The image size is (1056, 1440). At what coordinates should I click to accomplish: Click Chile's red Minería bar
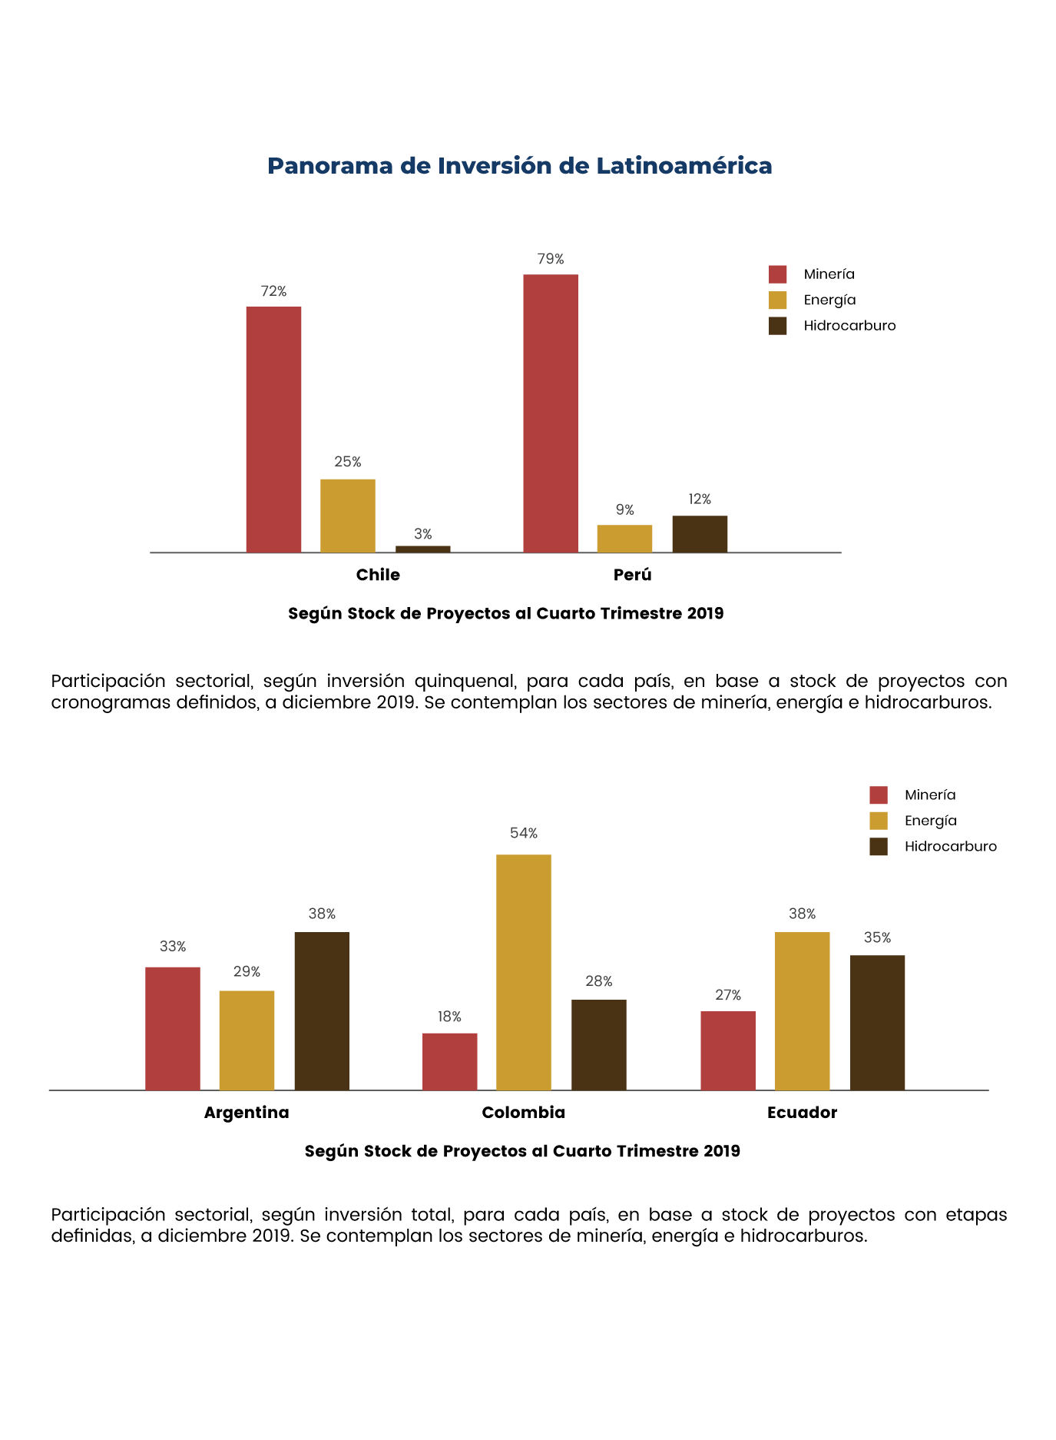point(273,430)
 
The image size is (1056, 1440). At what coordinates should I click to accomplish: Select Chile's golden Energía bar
point(348,516)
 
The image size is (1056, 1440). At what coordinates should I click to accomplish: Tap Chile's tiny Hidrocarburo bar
point(423,549)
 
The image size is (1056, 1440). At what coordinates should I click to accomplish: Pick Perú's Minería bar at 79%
point(551,413)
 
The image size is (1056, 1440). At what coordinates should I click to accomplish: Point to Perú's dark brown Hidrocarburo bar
point(700,534)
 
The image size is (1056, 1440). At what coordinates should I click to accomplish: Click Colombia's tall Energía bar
point(524,972)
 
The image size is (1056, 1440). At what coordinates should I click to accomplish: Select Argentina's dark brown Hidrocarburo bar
point(322,1011)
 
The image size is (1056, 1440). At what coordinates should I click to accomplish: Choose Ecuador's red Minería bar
point(728,1050)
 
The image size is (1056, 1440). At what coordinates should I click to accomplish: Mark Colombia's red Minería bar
point(450,1062)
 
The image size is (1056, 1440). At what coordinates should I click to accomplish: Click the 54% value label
point(524,833)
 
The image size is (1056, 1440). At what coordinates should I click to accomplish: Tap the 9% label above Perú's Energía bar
point(625,509)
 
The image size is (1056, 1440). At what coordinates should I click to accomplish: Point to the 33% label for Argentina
point(173,947)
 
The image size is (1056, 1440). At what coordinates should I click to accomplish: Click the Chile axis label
point(378,575)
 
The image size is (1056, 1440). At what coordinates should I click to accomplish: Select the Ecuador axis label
point(802,1113)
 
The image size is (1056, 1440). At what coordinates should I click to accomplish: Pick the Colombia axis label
point(524,1113)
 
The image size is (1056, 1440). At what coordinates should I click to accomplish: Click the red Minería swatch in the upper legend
point(778,274)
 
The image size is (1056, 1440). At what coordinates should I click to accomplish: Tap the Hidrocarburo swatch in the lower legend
point(879,846)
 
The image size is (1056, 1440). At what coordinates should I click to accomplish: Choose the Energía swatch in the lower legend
point(879,821)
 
